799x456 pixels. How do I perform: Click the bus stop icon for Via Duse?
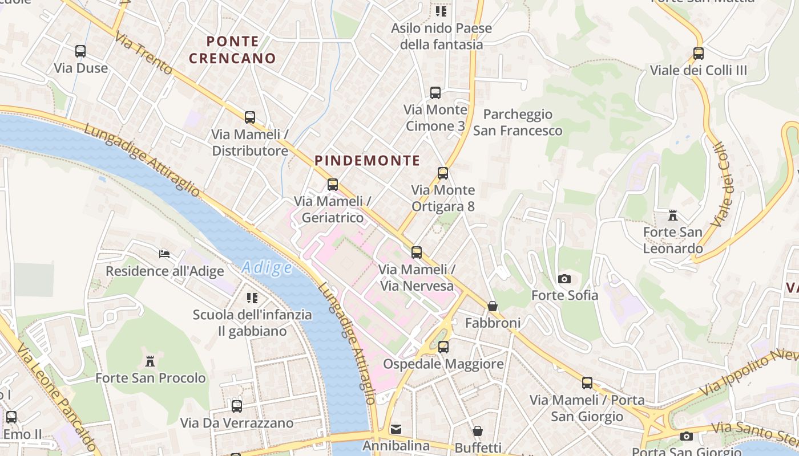80,51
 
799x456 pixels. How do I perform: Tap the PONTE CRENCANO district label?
232,50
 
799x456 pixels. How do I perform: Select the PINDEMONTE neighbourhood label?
367,161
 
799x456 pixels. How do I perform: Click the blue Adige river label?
267,267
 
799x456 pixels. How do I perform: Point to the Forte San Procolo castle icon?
150,361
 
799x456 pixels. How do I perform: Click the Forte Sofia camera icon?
564,279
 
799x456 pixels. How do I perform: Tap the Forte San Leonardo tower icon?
673,215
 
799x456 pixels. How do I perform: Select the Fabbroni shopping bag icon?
493,307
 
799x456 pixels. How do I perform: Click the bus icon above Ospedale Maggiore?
443,347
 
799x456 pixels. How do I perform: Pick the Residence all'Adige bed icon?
164,254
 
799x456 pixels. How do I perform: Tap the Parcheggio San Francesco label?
517,123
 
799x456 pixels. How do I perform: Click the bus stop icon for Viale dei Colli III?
698,54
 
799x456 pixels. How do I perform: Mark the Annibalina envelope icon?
396,429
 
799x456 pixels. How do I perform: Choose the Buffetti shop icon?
478,431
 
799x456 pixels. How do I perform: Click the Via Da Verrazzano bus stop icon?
236,406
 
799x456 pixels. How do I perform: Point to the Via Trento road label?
143,53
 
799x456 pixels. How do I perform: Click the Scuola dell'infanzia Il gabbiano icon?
252,298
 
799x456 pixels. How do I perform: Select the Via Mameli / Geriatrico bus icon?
333,185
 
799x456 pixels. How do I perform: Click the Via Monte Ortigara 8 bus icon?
443,173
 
